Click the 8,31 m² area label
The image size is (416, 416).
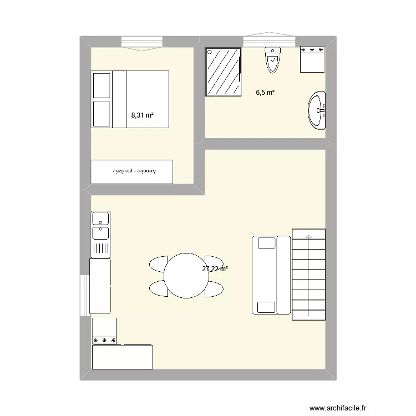pyautogui.click(x=142, y=115)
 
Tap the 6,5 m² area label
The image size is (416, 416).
pyautogui.click(x=265, y=93)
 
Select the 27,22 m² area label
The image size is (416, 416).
pyautogui.click(x=215, y=269)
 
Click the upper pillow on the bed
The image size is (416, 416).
pyautogui.click(x=102, y=84)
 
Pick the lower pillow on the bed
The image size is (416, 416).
pyautogui.click(x=102, y=114)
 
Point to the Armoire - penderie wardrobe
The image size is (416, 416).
pyautogui.click(x=132, y=172)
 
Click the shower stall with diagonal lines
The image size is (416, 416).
pyautogui.click(x=224, y=72)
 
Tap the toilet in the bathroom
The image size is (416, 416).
pyautogui.click(x=272, y=60)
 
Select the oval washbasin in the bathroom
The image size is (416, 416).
pyautogui.click(x=318, y=111)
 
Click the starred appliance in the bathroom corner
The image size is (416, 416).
pyautogui.click(x=312, y=59)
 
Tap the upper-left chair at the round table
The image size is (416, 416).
pyautogui.click(x=159, y=263)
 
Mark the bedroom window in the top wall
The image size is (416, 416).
pyautogui.click(x=141, y=42)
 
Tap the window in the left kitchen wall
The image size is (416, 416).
pyautogui.click(x=84, y=295)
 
